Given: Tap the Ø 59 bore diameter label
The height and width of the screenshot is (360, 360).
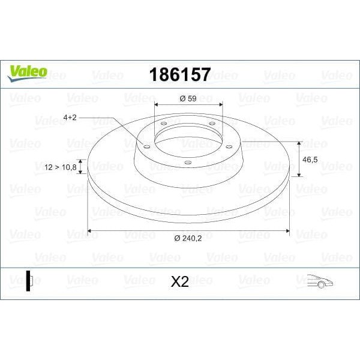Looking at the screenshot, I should (x=188, y=98).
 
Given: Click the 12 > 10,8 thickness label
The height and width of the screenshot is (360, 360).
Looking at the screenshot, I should (x=61, y=167).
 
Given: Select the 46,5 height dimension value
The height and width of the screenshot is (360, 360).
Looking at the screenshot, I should (x=310, y=160).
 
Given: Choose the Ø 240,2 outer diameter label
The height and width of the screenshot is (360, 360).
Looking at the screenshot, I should (x=188, y=239).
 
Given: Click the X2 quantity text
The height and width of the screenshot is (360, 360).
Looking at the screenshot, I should (x=180, y=281).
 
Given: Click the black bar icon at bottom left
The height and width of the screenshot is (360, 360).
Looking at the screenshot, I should (x=28, y=281).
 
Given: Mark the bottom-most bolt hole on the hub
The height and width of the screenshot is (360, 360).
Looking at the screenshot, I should (x=187, y=162).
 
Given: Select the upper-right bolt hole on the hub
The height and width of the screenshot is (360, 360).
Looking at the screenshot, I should (x=211, y=124).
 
